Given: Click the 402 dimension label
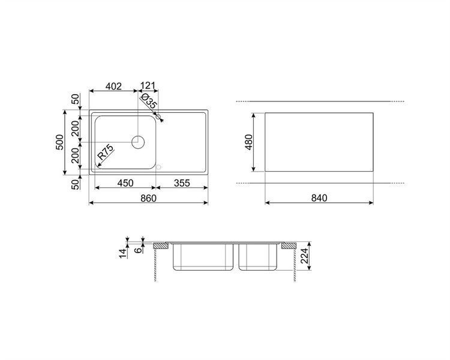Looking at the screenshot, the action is click(113, 86).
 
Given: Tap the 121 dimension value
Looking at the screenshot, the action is click(148, 86).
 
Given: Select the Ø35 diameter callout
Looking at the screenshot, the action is click(149, 101).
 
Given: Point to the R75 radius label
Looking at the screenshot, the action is click(106, 152).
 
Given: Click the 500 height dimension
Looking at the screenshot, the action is click(59, 142).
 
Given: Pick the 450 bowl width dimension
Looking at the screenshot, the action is click(125, 183).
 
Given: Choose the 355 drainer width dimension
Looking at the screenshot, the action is click(182, 183).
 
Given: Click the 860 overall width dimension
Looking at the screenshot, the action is click(148, 198).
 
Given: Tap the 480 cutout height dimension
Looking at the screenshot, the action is click(248, 142).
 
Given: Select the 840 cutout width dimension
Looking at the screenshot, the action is click(319, 198).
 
